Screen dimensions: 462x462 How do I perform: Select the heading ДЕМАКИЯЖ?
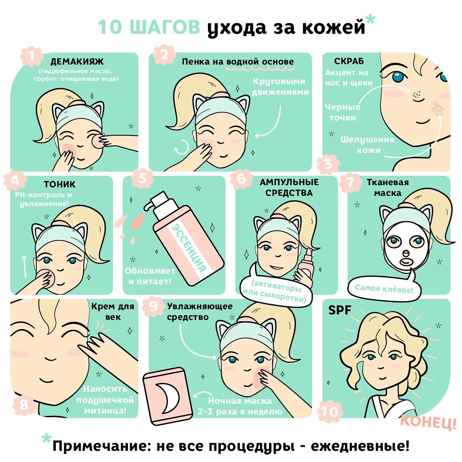tap(77, 61)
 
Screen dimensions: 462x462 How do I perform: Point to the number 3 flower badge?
tap(328, 164)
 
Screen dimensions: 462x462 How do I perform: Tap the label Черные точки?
tap(343, 112)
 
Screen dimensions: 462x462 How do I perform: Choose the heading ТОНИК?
tap(59, 184)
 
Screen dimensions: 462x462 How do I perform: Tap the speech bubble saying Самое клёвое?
tap(384, 288)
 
